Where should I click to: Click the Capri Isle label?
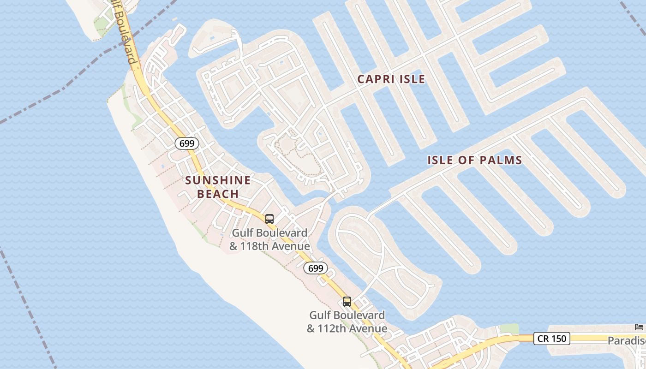point(391,79)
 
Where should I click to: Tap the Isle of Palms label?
point(474,161)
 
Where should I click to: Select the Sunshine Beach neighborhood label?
point(218,187)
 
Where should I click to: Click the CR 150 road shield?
point(552,339)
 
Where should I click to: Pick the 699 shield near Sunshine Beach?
point(187,143)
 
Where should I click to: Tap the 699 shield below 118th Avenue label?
point(316,268)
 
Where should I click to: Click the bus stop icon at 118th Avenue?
point(269,219)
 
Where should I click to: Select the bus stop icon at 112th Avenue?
point(347,302)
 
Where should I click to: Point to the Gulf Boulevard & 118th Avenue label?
point(269,240)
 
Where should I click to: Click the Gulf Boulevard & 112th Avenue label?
point(347,322)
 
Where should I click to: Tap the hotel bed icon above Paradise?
point(639,327)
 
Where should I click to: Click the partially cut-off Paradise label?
point(626,340)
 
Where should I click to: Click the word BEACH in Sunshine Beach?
point(218,194)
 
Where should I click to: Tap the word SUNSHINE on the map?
point(218,180)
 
